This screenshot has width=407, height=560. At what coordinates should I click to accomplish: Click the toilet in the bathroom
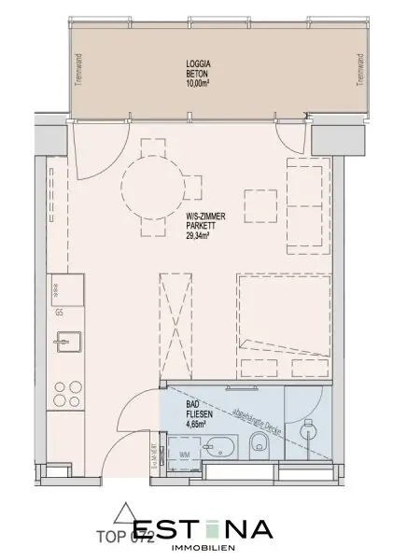pos(259,445)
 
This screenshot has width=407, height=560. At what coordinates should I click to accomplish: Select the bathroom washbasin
pos(219,446)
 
